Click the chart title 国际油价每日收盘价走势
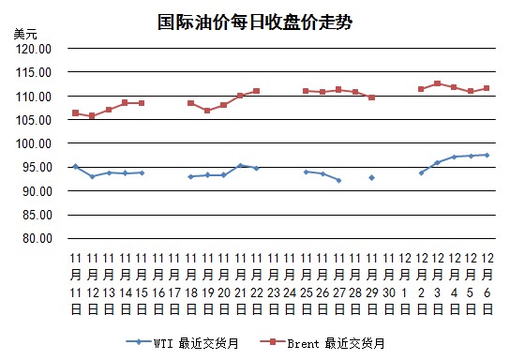point(255,22)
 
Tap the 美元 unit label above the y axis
point(25,34)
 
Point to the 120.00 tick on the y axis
point(34,49)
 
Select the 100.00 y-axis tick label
point(34,143)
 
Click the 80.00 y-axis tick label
point(37,238)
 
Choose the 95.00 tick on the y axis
point(37,167)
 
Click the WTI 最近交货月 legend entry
point(183,343)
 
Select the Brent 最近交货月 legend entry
point(322,343)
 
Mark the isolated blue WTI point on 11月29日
point(372,177)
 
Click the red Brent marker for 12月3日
point(438,83)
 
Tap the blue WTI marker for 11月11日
point(76,167)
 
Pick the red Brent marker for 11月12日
point(92,115)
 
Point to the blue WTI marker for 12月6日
point(487,155)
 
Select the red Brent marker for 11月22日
point(256,91)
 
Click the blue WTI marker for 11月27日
point(339,180)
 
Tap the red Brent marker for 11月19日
point(207,111)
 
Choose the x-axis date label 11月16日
point(158,284)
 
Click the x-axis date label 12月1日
point(405,284)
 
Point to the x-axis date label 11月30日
point(388,284)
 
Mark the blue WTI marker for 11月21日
point(240,166)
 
